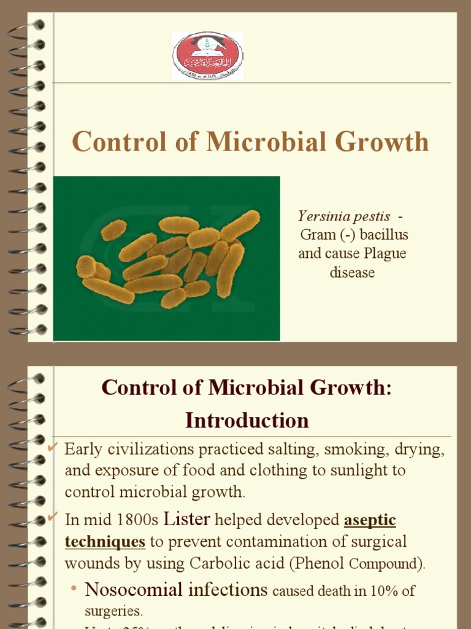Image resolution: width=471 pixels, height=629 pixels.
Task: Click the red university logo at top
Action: (208, 56)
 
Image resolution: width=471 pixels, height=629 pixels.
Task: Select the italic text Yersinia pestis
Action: (343, 216)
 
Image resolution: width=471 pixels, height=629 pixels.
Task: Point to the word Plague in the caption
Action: (385, 254)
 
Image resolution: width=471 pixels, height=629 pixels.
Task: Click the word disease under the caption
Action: (352, 272)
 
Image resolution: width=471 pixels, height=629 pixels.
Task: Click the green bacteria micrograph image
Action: (167, 259)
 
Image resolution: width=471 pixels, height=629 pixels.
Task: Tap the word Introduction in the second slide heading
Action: (247, 420)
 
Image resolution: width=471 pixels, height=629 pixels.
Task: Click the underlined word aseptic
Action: (370, 520)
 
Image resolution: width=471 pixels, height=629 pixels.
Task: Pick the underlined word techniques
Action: (105, 542)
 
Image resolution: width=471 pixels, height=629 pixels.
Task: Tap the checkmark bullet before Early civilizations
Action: (53, 447)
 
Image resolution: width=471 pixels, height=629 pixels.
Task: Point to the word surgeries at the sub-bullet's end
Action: (113, 612)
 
